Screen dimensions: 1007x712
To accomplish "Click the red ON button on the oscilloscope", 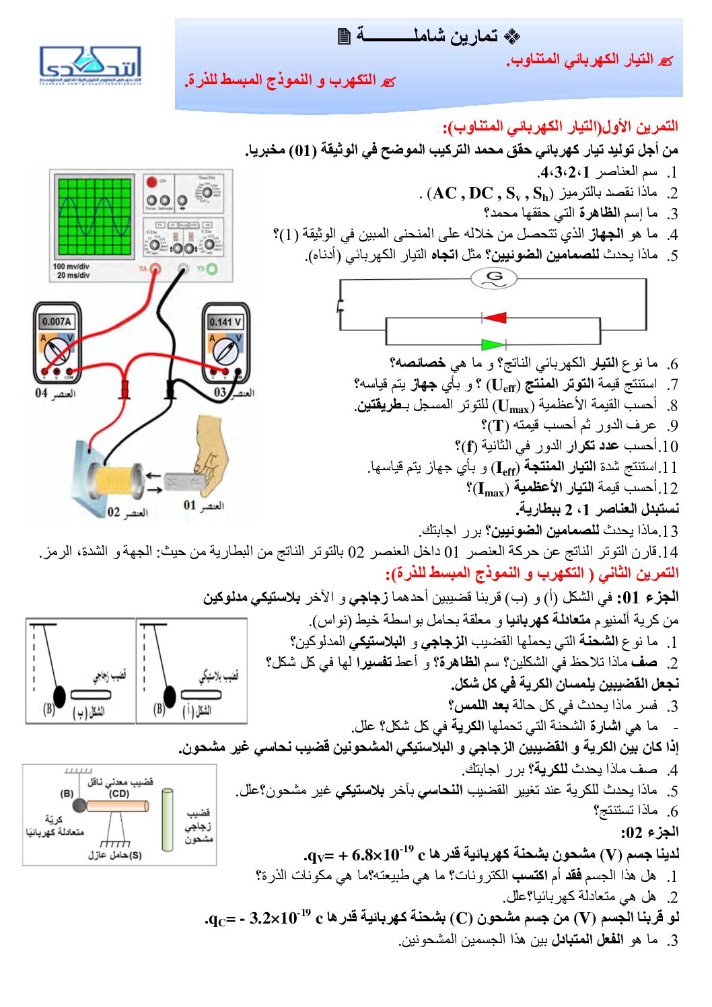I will click(x=152, y=182).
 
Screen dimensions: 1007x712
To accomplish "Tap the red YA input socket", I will click(x=155, y=269).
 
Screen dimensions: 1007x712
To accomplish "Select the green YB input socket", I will click(x=212, y=269).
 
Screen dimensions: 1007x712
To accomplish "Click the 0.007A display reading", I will click(x=57, y=321).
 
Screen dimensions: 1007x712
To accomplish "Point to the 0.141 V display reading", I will click(x=225, y=322).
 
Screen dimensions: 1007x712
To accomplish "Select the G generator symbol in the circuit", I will click(x=494, y=277).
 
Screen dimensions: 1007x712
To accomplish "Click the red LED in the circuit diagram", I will click(x=494, y=317).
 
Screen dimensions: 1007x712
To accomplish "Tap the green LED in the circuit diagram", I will click(x=494, y=344).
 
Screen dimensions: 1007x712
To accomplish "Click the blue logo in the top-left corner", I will click(x=90, y=65).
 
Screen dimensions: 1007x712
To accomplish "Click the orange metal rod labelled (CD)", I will click(x=118, y=805).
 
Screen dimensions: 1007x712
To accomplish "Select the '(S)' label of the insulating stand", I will click(x=135, y=855).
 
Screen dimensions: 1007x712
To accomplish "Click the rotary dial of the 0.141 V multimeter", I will click(x=225, y=350).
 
